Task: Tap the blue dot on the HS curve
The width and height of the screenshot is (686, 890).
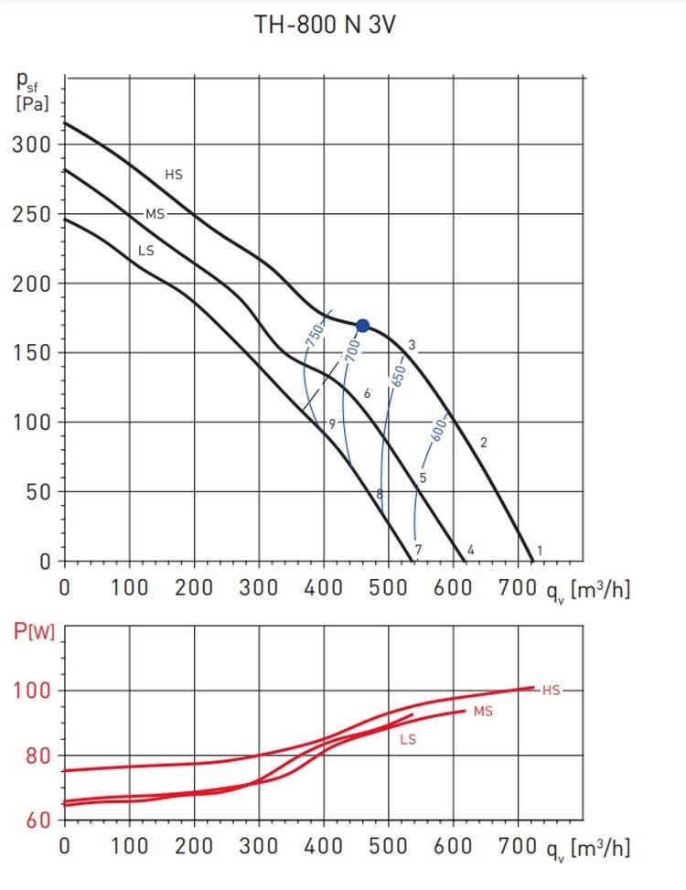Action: pos(362,326)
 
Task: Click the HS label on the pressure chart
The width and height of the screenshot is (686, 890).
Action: pos(174,174)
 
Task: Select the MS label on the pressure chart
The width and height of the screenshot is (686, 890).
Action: pos(155,214)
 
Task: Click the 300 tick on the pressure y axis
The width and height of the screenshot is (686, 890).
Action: pos(30,145)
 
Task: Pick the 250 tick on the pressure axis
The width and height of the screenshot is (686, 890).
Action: pos(30,215)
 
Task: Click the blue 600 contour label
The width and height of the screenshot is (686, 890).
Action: pos(438,429)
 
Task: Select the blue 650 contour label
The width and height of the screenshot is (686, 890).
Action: pos(395,377)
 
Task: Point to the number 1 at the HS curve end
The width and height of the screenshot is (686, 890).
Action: pos(540,551)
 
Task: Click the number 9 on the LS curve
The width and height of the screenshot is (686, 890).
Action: pos(331,424)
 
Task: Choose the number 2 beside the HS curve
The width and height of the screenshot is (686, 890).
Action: pos(484,443)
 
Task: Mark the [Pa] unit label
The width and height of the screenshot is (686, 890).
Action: pos(33,102)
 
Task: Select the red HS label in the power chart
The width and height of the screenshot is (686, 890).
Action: pos(551,691)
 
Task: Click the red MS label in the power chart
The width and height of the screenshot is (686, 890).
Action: pos(483,712)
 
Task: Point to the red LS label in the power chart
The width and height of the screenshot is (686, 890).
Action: pos(408,739)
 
